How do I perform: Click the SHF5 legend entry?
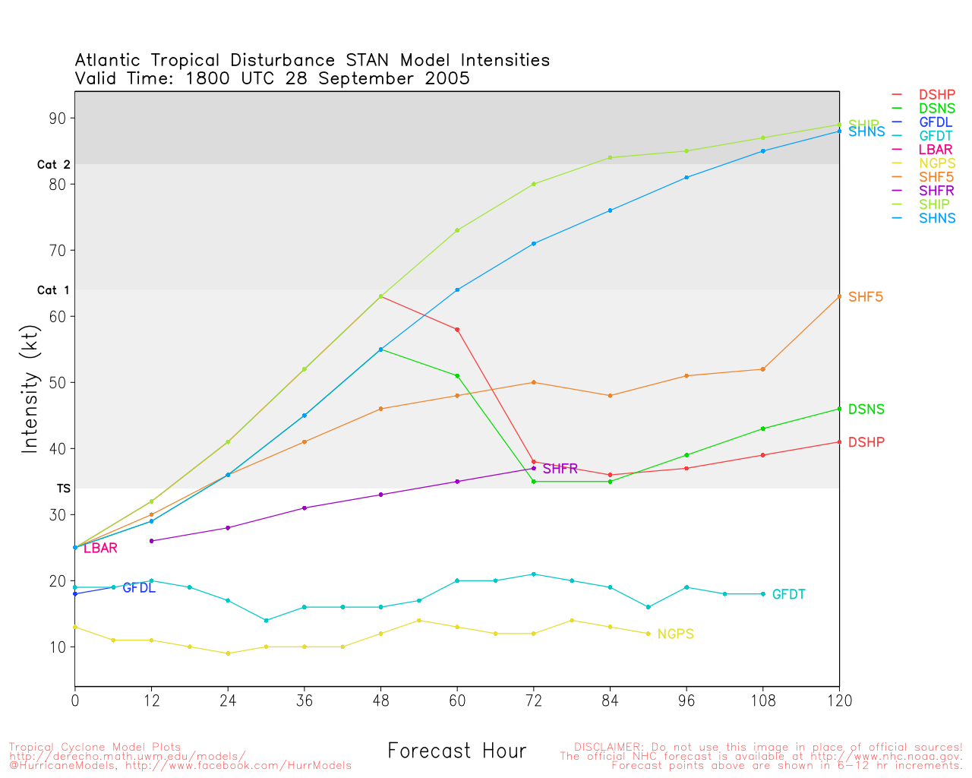point(936,177)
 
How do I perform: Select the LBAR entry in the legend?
point(936,150)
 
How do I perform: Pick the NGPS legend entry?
point(936,163)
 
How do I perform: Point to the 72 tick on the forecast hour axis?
point(534,701)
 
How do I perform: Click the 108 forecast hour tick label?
point(762,701)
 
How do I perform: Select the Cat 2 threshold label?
point(53,164)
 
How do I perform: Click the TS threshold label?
point(63,489)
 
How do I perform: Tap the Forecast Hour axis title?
point(456,751)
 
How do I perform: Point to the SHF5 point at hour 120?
point(839,296)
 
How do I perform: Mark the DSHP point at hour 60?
point(457,329)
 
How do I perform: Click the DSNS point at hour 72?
point(534,482)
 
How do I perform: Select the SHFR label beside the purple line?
point(560,469)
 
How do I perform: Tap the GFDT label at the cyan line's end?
point(788,594)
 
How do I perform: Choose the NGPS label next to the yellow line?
point(675,634)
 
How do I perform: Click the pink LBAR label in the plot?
point(100,548)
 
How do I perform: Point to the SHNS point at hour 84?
point(610,210)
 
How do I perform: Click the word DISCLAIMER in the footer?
point(606,747)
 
